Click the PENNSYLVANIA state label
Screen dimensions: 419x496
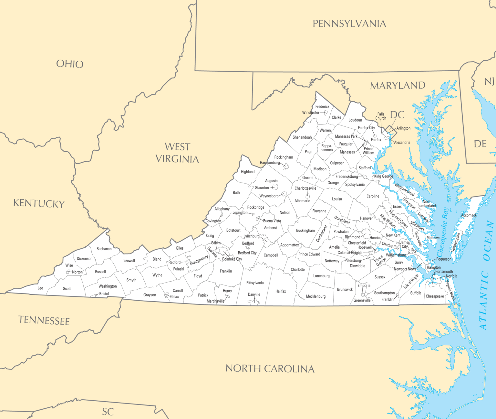pyautogui.click(x=349, y=24)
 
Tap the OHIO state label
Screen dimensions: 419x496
pyautogui.click(x=70, y=64)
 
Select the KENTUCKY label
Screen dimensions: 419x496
pyautogui.click(x=39, y=203)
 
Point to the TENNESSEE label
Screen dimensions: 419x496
pyautogui.click(x=44, y=320)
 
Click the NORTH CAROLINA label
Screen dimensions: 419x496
pyautogui.click(x=270, y=368)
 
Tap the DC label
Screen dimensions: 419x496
pyautogui.click(x=397, y=115)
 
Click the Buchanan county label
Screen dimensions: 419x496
pyautogui.click(x=104, y=249)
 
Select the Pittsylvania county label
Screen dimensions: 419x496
pyautogui.click(x=255, y=283)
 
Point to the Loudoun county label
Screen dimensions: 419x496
pyautogui.click(x=355, y=120)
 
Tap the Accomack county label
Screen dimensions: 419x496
pyautogui.click(x=469, y=215)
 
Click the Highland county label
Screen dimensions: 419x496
pyautogui.click(x=248, y=172)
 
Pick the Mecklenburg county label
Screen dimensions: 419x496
pyautogui.click(x=315, y=296)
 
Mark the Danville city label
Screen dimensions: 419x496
pyautogui.click(x=254, y=294)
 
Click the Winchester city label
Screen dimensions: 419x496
pyautogui.click(x=311, y=113)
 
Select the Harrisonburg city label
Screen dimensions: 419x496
pyautogui.click(x=270, y=163)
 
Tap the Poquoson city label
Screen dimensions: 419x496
pyautogui.click(x=444, y=259)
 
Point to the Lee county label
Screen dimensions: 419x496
pyautogui.click(x=40, y=288)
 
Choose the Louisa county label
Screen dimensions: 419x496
pyautogui.click(x=337, y=199)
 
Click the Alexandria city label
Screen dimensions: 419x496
pyautogui.click(x=402, y=142)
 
